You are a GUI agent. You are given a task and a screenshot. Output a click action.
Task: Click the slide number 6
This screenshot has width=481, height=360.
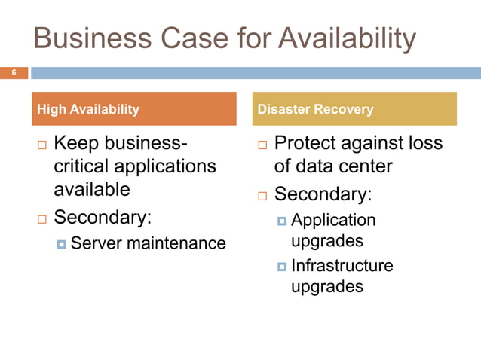[x=13, y=73]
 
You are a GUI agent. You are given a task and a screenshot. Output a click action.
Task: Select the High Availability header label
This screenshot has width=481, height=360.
[x=88, y=109]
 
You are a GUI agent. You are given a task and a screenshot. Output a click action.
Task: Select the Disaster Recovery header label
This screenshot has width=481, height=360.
[x=315, y=109]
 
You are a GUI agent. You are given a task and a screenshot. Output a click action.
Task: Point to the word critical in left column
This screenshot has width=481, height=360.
[x=85, y=165]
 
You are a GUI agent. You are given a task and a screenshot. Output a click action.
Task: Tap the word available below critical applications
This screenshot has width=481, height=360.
[x=92, y=188]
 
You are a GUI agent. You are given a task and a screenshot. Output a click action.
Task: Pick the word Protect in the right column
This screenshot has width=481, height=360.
[x=309, y=143]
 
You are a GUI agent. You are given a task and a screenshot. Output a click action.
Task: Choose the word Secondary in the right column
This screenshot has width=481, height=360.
[x=323, y=194]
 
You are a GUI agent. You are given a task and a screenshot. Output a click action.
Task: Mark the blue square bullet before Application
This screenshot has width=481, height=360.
[x=282, y=221]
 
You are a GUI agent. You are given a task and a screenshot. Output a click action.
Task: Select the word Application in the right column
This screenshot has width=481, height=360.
[x=333, y=221]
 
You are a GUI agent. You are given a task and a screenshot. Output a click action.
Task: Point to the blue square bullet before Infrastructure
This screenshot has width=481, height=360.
[x=282, y=266]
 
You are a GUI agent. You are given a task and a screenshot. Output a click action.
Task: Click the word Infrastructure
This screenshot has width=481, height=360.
[x=342, y=266]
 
